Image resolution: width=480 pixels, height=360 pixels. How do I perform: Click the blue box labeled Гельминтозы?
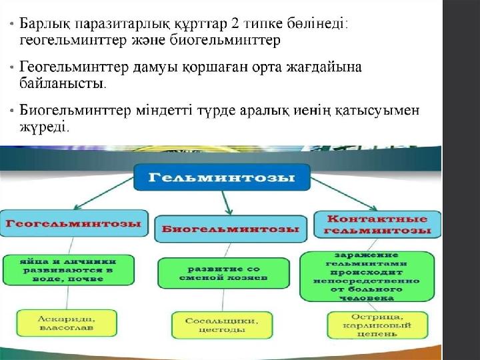point(222,177)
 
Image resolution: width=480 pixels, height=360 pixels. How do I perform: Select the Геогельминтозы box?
point(74,223)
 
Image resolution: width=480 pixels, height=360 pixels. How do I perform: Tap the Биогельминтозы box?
point(231,229)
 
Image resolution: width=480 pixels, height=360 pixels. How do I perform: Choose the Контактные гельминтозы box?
point(377,225)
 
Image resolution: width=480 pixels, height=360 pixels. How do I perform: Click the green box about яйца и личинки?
point(69,270)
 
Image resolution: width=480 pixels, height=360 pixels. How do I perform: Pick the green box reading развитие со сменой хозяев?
point(223,273)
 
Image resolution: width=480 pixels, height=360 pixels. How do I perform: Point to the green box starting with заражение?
point(367,277)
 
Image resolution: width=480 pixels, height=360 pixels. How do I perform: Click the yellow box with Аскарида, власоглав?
point(67,323)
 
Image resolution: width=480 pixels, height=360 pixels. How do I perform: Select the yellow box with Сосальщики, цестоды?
point(222,325)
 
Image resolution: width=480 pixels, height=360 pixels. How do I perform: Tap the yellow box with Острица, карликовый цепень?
point(377,325)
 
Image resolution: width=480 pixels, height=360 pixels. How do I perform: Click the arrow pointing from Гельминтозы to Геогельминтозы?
point(104,193)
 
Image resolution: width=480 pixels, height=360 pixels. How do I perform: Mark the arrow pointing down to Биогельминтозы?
point(227,203)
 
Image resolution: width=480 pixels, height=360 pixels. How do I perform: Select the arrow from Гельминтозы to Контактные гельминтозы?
point(344,195)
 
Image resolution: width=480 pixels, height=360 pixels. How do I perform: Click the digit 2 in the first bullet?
point(235,24)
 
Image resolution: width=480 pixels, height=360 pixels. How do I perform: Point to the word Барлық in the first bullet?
point(45,25)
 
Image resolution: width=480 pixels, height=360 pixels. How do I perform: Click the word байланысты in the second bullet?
point(61,83)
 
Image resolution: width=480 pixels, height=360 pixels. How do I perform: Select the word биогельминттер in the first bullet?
point(225,40)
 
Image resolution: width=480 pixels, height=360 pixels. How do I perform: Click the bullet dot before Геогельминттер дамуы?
point(11,67)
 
